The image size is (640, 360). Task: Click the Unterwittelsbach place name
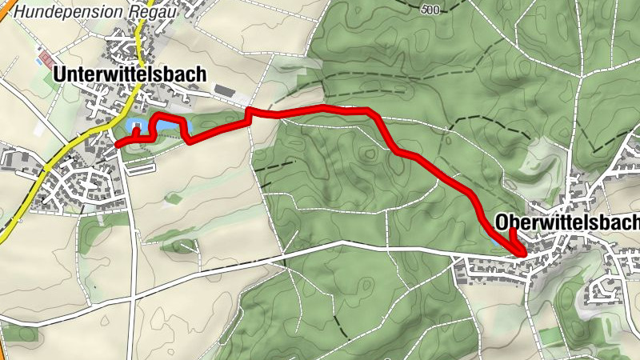(130, 74)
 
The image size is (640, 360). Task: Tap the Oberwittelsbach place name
(567, 221)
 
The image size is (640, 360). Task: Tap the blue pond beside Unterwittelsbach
(164, 126)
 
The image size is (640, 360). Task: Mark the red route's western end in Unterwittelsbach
(118, 144)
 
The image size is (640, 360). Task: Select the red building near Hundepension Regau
(47, 58)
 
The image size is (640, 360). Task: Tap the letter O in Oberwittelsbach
(502, 221)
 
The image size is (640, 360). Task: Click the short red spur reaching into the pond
(136, 132)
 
